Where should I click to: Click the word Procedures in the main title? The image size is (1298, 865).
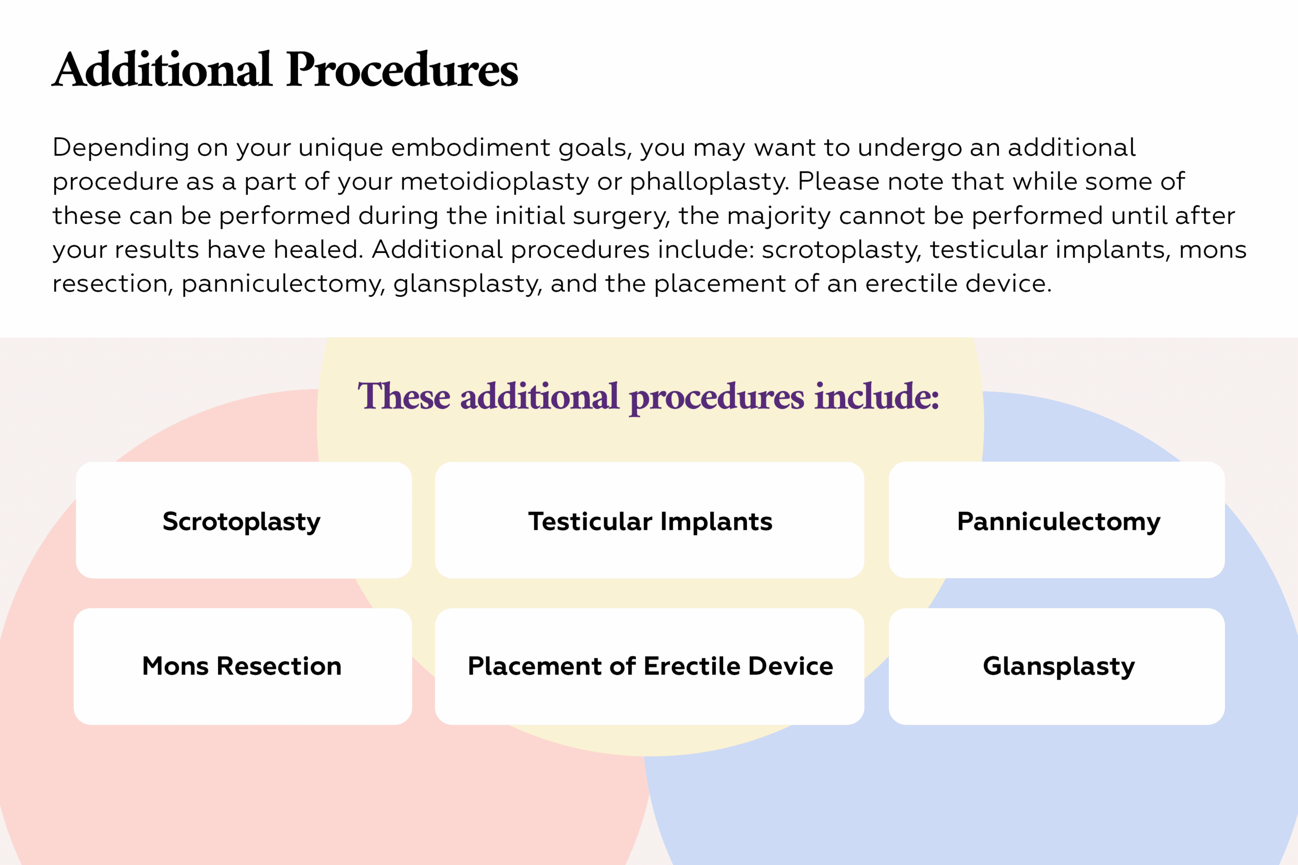[402, 70]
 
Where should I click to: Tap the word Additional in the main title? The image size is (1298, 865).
[162, 69]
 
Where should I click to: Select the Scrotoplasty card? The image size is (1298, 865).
[244, 520]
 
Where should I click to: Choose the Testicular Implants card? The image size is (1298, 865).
[650, 520]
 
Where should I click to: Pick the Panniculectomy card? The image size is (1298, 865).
[1057, 520]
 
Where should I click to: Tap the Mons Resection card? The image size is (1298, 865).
[243, 666]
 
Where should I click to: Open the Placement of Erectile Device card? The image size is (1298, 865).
[650, 666]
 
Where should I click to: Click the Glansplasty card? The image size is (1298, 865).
[1057, 666]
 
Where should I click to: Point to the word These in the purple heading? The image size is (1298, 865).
[404, 396]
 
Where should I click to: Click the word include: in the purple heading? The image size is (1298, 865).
[877, 396]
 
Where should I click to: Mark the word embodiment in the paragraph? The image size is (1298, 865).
[471, 147]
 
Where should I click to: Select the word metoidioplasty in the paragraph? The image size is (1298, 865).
[495, 182]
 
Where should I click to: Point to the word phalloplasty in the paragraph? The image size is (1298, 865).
[710, 182]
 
